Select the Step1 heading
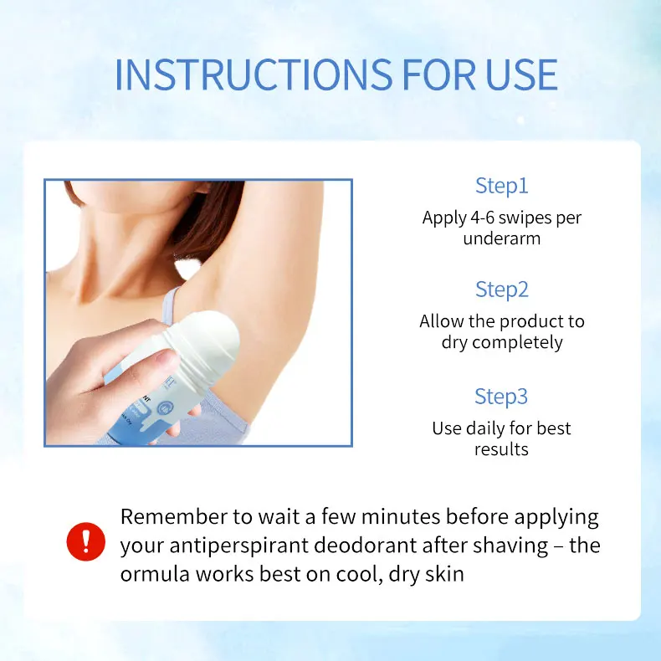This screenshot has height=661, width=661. coord(502,186)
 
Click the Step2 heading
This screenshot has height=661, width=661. coord(502,290)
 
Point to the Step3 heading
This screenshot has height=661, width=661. coord(502,396)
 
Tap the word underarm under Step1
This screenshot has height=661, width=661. coord(502,238)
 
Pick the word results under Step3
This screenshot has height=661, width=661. coord(502,449)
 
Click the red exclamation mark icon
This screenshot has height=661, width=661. coord(86,541)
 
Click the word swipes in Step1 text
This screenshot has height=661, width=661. coord(525,218)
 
